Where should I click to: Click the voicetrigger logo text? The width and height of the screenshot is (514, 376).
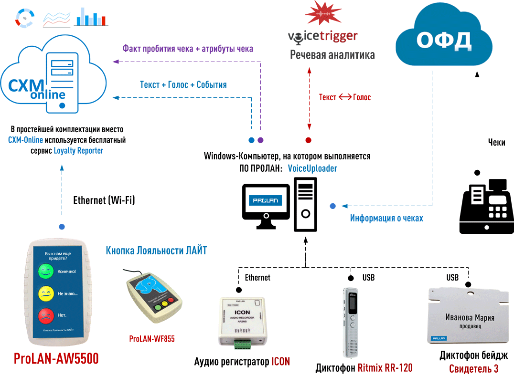323,36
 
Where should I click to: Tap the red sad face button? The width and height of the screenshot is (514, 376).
46,315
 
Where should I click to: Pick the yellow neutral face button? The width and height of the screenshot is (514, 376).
46,293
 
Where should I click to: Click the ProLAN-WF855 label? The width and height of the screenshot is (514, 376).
152,339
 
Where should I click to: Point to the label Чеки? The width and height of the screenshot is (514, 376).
496,142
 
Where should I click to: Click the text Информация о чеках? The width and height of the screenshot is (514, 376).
386,219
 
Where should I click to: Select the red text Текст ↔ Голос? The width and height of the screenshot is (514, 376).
345,97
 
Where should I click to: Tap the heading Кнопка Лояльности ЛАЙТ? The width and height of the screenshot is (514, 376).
156,251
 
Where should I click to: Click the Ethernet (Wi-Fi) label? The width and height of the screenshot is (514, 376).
104,201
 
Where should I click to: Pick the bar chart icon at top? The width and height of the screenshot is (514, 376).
91,17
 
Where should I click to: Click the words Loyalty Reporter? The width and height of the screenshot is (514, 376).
78,150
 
